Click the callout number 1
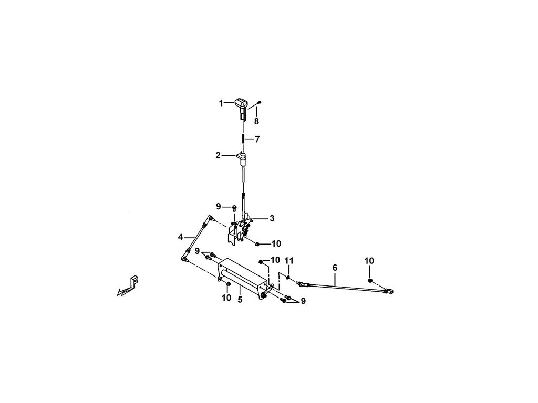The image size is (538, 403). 221,103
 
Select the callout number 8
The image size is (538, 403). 256,121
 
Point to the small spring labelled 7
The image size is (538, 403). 244,139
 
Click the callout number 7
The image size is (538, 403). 257,140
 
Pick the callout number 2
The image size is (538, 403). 218,156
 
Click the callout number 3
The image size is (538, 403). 272,218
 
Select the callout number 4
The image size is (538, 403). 181,237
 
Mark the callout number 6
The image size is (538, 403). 335,268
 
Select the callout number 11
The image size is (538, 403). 288,261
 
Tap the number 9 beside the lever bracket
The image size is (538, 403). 219,206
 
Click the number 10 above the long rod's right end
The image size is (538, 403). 369,261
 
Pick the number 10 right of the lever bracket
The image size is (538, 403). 276,243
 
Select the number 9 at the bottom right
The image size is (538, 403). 303,301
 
